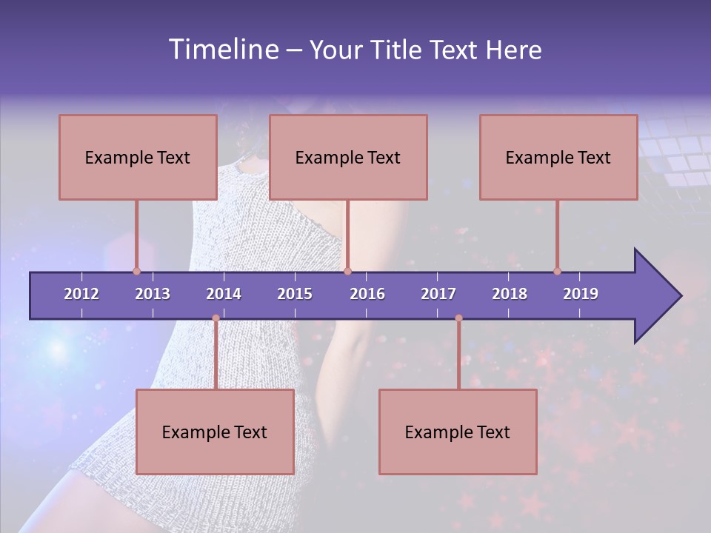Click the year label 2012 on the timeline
click(81, 294)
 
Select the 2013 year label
click(153, 294)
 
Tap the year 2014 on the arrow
click(224, 294)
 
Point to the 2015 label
click(295, 294)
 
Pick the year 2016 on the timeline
click(367, 294)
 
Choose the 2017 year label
click(438, 294)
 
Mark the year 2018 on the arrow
click(510, 294)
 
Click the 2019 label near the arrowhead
click(581, 294)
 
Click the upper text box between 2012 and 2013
click(138, 157)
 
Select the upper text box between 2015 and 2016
click(348, 157)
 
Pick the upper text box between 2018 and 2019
click(558, 157)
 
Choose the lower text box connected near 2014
click(215, 432)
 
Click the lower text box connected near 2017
click(458, 432)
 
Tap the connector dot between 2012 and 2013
click(136, 271)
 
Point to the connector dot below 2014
click(216, 318)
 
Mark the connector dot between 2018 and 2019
click(557, 271)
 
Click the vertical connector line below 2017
click(458, 355)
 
